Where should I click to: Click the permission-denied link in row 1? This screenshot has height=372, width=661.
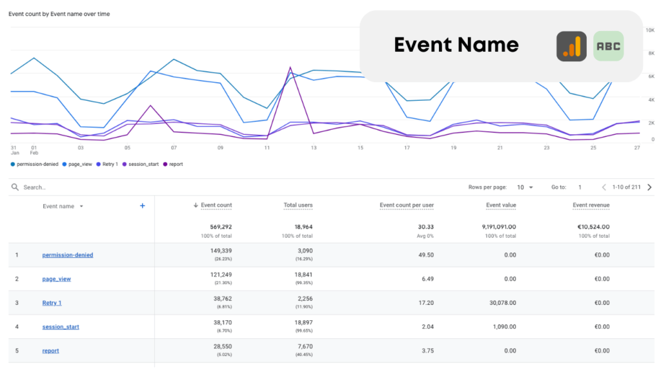pos(67,255)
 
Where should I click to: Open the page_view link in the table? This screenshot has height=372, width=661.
pos(56,279)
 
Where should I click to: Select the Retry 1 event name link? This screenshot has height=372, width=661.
pos(52,303)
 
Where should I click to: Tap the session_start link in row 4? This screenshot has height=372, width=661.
pos(61,327)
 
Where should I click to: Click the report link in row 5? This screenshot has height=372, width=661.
pos(50,351)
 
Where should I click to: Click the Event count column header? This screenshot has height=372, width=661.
pos(216,205)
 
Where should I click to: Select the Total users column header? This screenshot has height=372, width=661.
pos(298,205)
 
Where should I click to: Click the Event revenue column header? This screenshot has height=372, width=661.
pos(591,205)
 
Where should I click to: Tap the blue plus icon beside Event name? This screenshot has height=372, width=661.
pos(143,206)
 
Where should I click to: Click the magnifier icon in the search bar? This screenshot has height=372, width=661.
pos(15,187)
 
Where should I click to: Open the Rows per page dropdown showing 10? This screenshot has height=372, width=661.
pos(524,187)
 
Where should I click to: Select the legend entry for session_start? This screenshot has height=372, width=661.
pos(143,164)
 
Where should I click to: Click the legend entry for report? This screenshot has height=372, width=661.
pos(175,164)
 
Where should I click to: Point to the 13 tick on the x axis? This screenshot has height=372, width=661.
pos(314,148)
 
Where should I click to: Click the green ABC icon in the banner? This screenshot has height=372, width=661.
pos(608,46)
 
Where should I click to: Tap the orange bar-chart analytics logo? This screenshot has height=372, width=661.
pos(571,46)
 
